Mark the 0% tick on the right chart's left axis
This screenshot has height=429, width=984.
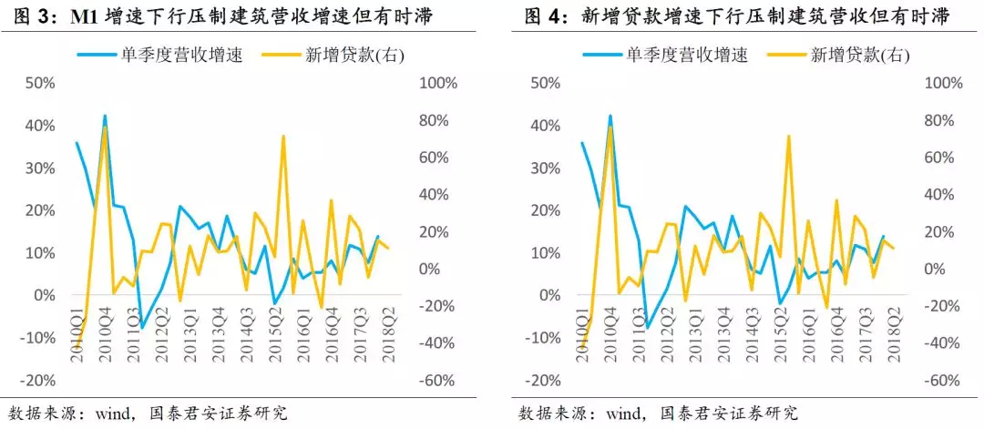coord(551,295)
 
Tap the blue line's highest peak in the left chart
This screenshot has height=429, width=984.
coord(105,116)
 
